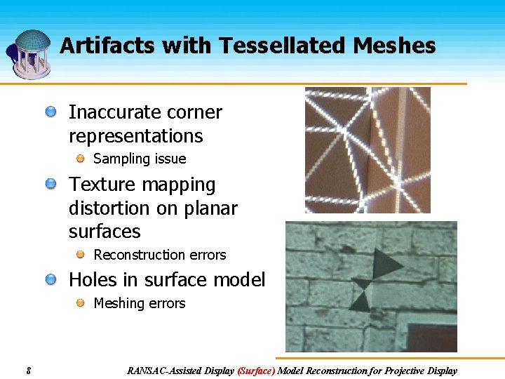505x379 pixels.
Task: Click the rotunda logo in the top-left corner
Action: (x=29, y=53)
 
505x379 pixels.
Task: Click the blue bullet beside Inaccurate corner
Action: (x=51, y=112)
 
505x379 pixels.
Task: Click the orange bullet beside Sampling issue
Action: (x=81, y=159)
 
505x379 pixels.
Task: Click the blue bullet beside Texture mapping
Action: (x=51, y=185)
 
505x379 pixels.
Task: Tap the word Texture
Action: (x=100, y=185)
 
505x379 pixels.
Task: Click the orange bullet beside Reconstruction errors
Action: (x=81, y=255)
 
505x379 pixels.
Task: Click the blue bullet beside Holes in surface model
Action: (x=51, y=280)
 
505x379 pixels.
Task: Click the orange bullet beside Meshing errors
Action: (x=81, y=303)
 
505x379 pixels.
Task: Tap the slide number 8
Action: (x=27, y=371)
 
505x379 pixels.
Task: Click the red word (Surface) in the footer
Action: (x=256, y=371)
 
